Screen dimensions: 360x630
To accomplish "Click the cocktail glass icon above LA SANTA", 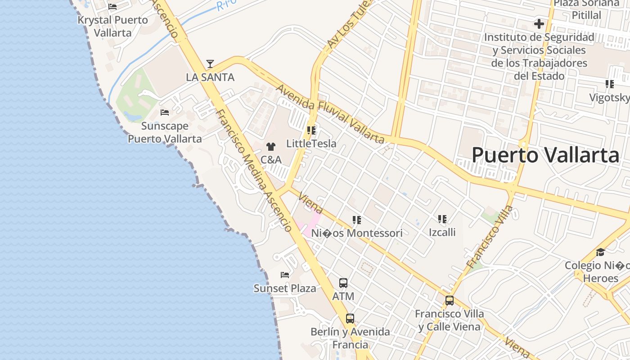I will point(210,64).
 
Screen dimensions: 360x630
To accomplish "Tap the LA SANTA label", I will point(210,77).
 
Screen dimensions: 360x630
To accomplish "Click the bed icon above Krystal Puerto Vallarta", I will point(112,7).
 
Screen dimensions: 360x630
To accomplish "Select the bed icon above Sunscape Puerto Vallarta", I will point(165,112).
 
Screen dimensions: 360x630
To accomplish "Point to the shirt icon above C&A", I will point(271,146).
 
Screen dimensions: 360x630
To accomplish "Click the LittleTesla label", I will point(311,144).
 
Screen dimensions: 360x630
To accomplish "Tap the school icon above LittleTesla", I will point(311,130).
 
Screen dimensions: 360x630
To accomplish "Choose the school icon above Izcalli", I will point(442,219).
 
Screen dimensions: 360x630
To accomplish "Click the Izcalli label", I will point(442,232).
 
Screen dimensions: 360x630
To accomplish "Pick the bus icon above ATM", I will point(343,283).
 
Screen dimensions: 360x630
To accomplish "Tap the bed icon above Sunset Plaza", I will point(285,274).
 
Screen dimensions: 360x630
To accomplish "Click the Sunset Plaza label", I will point(285,288).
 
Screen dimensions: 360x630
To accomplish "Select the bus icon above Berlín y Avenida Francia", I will point(350,319).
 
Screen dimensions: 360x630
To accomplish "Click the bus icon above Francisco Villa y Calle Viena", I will point(449,301).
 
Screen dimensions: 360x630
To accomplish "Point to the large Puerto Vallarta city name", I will point(545,155).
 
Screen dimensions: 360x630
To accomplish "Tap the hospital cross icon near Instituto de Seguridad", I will point(539,24).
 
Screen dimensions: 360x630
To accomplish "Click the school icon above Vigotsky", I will point(610,84).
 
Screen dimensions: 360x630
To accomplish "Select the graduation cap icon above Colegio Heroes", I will point(600,252).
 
